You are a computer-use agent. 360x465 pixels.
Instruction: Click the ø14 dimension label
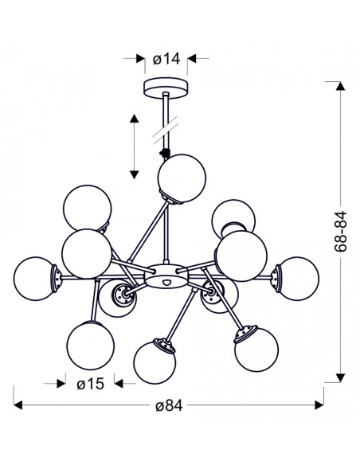[166, 59]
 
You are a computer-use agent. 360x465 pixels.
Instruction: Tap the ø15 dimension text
[91, 384]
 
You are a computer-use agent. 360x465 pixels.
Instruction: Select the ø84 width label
[169, 406]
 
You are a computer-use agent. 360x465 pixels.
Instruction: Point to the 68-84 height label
[341, 232]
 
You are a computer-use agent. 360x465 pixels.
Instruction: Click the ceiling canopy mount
[166, 88]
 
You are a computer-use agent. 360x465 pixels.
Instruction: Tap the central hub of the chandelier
[166, 276]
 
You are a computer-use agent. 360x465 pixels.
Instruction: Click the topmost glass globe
[182, 178]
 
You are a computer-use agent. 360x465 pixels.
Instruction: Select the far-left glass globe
[35, 279]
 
